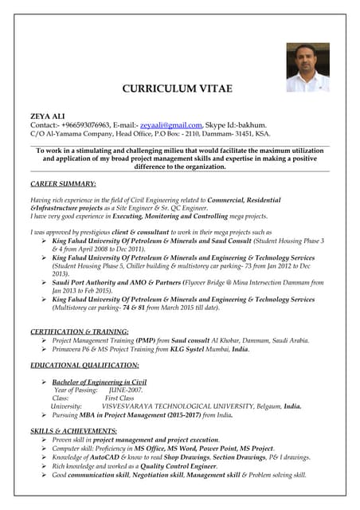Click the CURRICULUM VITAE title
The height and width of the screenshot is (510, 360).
179,88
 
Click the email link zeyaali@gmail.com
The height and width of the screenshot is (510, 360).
170,125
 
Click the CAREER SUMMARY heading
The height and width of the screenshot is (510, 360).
63,184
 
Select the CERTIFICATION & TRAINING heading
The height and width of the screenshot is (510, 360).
79,331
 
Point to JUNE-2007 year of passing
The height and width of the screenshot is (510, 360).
126,390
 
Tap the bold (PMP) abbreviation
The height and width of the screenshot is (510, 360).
145,339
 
